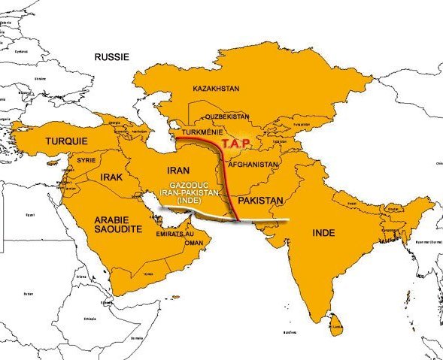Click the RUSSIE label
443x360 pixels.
pyautogui.click(x=112, y=56)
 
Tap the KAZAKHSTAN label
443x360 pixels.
pyautogui.click(x=216, y=89)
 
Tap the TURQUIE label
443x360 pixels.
pyautogui.click(x=66, y=141)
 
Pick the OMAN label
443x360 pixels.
pyautogui.click(x=194, y=243)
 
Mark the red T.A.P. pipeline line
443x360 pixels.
pyautogui.click(x=221, y=173)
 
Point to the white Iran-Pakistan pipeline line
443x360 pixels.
pyautogui.click(x=263, y=220)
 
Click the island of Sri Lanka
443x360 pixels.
pyautogui.click(x=338, y=324)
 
